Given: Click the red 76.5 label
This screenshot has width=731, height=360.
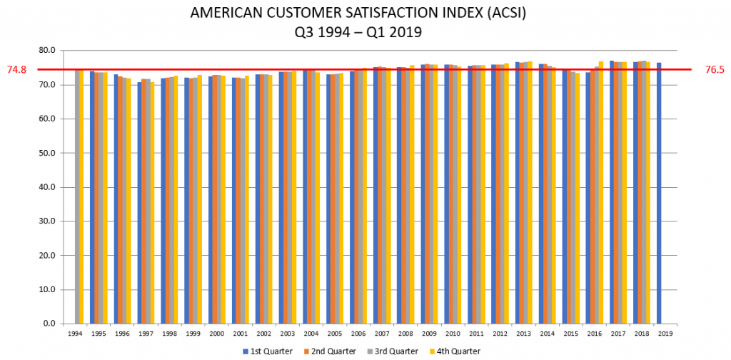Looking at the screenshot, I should coord(715,70).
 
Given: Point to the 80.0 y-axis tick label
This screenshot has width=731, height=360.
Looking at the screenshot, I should coord(48,51).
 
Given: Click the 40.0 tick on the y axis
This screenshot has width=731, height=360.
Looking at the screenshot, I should coord(48,187).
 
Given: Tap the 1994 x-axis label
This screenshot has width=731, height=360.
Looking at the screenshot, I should coord(74,333).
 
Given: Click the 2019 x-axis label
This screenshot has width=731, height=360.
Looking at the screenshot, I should coord(665,333).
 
